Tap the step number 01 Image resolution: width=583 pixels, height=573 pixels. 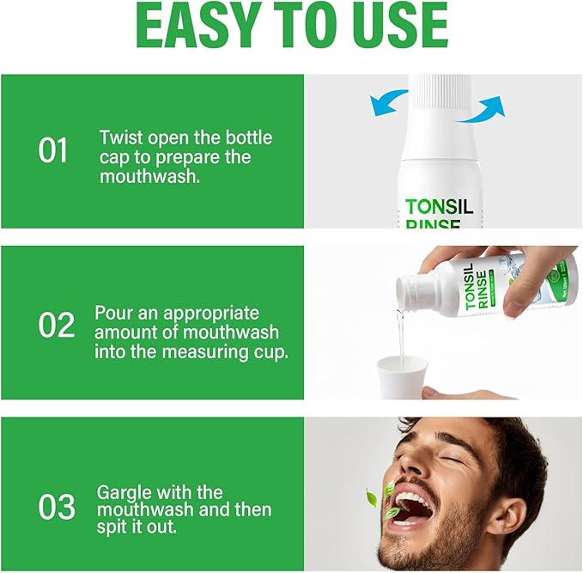53,150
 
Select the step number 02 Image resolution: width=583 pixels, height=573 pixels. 56,325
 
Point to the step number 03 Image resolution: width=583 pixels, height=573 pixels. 57,507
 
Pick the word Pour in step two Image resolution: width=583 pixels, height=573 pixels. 115,313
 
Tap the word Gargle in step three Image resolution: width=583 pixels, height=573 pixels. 124,493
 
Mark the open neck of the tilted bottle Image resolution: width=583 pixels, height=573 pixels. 402,293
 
